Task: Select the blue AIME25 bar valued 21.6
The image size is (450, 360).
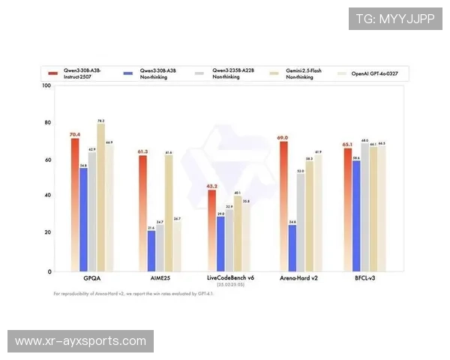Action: (x=151, y=250)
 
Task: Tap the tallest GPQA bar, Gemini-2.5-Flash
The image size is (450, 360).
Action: (x=100, y=196)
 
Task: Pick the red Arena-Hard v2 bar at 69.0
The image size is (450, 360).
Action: (x=283, y=205)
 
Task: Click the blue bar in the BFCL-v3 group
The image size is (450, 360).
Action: (x=356, y=216)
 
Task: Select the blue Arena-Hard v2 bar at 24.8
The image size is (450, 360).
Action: (x=292, y=247)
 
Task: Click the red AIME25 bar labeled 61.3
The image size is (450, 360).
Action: (x=142, y=213)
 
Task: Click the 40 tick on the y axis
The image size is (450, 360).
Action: (x=47, y=196)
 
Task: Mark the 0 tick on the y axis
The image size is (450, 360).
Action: (x=49, y=271)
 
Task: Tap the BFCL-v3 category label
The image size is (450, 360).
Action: (x=364, y=278)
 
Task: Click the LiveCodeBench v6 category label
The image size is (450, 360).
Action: (x=230, y=278)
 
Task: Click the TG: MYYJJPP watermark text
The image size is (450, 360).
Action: (x=394, y=17)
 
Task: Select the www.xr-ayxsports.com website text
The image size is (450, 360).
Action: (x=80, y=341)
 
